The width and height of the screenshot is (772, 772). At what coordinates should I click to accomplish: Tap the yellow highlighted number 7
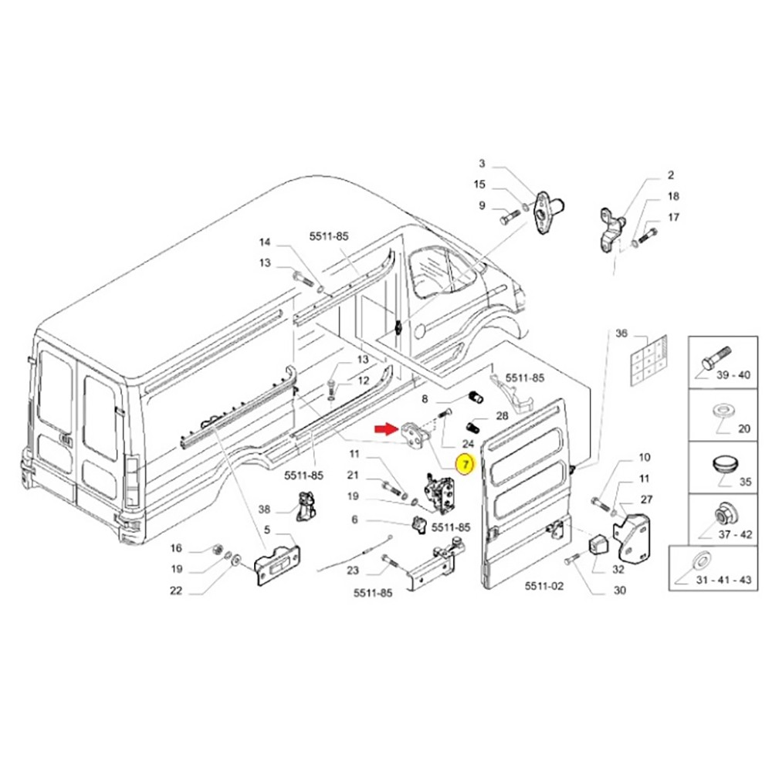[x=466, y=464]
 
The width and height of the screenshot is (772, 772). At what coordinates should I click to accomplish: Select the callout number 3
[x=482, y=164]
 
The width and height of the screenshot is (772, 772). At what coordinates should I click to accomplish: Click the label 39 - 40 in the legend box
[x=733, y=375]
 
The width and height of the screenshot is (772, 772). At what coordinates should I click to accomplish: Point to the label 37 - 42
[x=735, y=534]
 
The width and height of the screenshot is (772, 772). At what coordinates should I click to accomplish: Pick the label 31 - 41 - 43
[x=724, y=580]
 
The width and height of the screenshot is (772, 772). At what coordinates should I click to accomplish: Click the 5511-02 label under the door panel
[x=543, y=586]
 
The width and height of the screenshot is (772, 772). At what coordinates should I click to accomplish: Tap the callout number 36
[x=621, y=334]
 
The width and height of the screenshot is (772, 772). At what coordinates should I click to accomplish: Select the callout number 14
[x=265, y=242]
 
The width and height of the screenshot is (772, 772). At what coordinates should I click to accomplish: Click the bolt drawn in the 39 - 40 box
[x=716, y=359]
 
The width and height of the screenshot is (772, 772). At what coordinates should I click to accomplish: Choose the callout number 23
[x=353, y=571]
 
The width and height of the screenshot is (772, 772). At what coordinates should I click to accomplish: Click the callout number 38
[x=264, y=510]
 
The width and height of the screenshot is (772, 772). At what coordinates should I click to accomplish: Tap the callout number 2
[x=671, y=174]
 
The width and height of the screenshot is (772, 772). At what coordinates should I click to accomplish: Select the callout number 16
[x=176, y=548]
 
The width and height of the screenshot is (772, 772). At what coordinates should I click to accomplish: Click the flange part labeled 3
[x=545, y=208]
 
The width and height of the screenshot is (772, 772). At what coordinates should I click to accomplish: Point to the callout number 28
[x=502, y=416]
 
